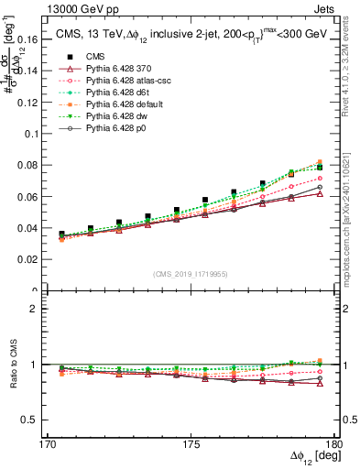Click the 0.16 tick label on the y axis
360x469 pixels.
coord(27,40)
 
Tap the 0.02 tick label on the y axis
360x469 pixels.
coord(27,260)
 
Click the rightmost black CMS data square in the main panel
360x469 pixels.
coord(320,168)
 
